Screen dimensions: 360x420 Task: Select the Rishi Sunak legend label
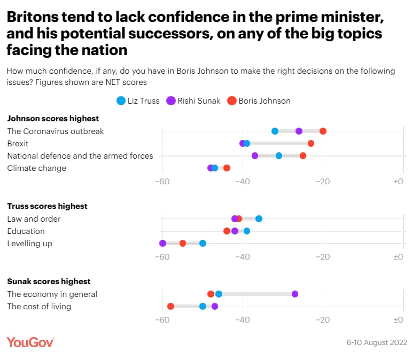point(200,101)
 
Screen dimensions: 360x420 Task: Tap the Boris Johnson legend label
point(265,101)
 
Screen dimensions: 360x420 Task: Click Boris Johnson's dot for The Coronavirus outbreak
point(323,131)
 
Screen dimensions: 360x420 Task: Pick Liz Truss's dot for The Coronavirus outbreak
point(275,131)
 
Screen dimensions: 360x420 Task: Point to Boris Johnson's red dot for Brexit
point(311,144)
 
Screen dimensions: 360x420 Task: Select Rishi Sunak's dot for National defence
point(255,156)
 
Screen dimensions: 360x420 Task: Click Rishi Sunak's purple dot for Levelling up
point(162,244)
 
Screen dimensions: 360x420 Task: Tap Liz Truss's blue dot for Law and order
point(259,218)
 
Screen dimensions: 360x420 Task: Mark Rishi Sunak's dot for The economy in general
point(295,294)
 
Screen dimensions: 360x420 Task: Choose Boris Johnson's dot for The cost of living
point(170,307)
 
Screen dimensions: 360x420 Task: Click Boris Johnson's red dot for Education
point(227,231)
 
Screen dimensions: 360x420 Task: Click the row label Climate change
point(36,168)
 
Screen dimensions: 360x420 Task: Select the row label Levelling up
point(29,244)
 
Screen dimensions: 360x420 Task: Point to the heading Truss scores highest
point(47,206)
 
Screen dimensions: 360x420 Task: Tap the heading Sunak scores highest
point(49,281)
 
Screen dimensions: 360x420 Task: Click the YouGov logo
point(30,342)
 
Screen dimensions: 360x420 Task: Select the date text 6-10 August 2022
point(377,342)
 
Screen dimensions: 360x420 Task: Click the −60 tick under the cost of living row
point(162,319)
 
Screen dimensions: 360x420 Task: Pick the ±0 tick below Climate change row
point(398,182)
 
